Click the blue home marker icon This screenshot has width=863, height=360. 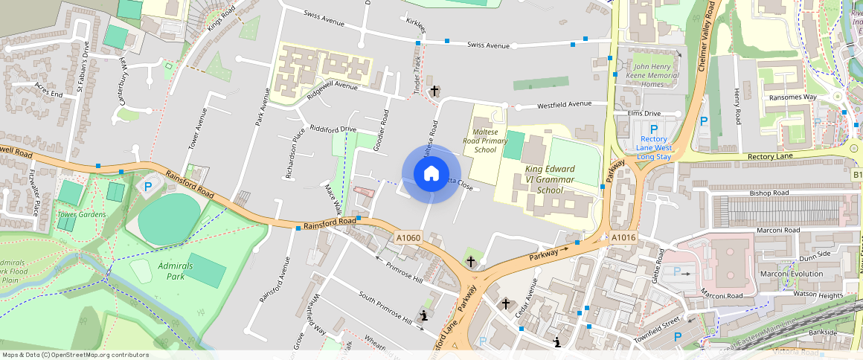tap(431, 174)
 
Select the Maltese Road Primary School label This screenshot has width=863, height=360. tap(485, 141)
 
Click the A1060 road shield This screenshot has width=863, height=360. tap(408, 238)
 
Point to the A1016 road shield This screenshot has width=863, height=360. tap(623, 238)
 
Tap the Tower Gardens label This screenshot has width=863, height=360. tap(81, 215)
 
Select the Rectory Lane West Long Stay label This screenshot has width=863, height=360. tap(654, 147)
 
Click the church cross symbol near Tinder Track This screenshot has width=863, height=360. tap(434, 91)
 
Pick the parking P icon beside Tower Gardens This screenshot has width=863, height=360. tap(148, 187)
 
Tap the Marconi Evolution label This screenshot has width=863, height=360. tap(792, 274)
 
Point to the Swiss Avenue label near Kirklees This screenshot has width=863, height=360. tap(487, 45)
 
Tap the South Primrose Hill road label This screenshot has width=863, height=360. tap(385, 307)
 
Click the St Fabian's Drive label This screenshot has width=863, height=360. tap(81, 57)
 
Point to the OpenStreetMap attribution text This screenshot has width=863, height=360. tap(75, 355)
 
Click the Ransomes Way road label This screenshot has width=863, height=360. tap(793, 97)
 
